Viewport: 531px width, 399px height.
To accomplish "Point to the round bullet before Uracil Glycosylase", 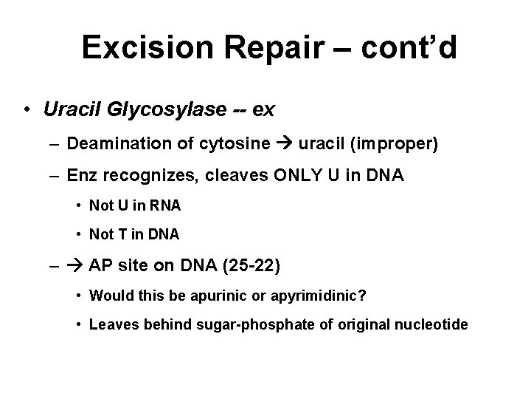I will (27, 110).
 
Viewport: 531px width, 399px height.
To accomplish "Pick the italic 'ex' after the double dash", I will (263, 110).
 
